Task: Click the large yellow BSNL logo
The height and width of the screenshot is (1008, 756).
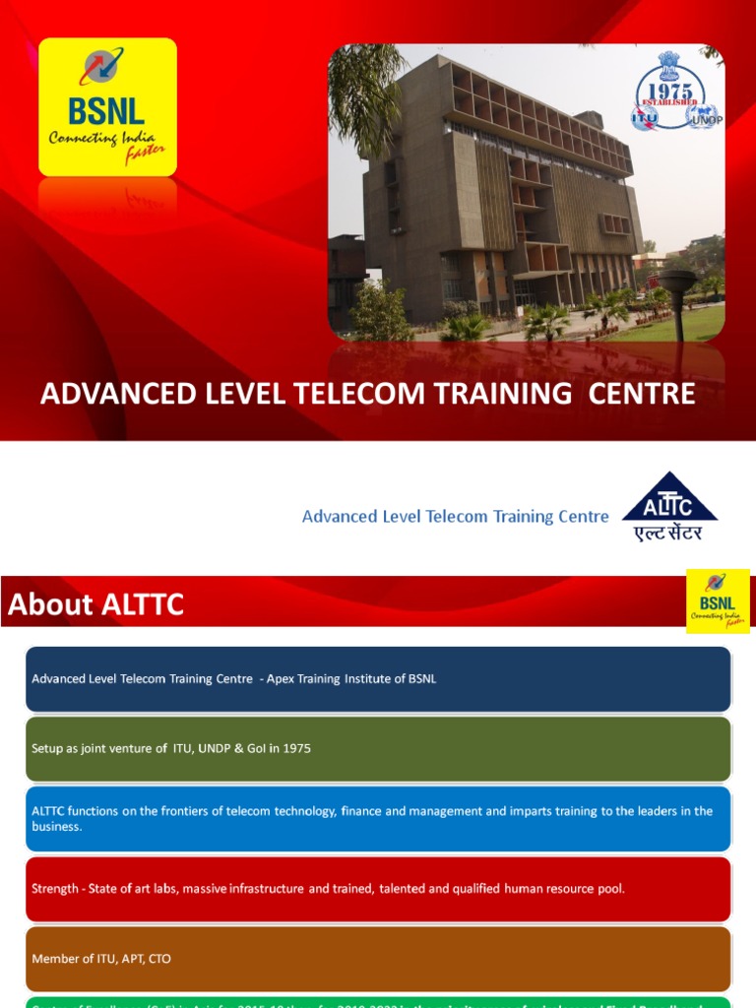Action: tap(107, 106)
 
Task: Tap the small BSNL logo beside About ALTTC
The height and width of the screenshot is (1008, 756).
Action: tap(718, 600)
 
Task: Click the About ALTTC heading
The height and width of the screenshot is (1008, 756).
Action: tap(95, 604)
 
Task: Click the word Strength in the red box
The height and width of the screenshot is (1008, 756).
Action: tap(55, 888)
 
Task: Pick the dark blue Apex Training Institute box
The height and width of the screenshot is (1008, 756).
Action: tap(378, 678)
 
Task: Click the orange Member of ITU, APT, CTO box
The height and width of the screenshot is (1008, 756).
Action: tap(378, 958)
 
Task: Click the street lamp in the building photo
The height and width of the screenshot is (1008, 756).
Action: tap(676, 300)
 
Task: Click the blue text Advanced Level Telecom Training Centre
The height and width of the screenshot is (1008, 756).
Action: tap(455, 516)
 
